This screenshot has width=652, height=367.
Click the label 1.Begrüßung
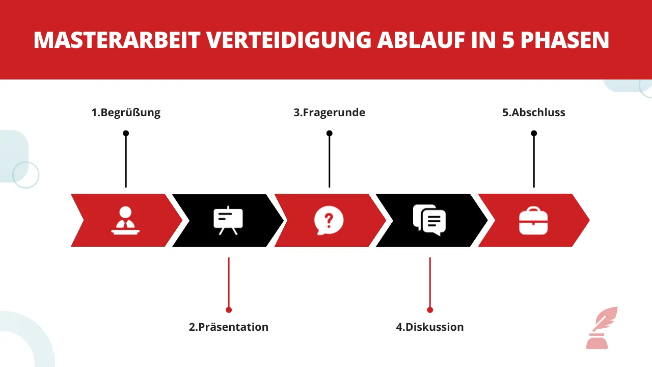tap(126, 113)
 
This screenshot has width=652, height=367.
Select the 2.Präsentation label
tap(228, 327)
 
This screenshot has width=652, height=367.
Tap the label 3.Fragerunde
tap(329, 113)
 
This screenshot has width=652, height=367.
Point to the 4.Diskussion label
tap(430, 327)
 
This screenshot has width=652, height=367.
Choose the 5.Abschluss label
tap(534, 113)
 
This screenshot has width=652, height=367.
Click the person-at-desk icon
tap(125, 220)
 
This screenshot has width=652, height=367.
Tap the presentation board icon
tap(228, 220)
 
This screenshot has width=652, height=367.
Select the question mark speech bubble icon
tap(329, 220)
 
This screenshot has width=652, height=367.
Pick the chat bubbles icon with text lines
tap(429, 220)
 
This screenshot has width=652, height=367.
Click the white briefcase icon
tap(533, 221)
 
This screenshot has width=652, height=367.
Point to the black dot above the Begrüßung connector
tap(126, 134)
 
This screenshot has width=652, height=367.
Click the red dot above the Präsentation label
tap(229, 309)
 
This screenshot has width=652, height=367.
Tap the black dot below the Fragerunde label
tap(330, 134)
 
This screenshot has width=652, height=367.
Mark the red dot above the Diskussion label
tap(430, 309)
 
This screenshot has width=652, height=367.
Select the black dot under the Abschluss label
tap(534, 134)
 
